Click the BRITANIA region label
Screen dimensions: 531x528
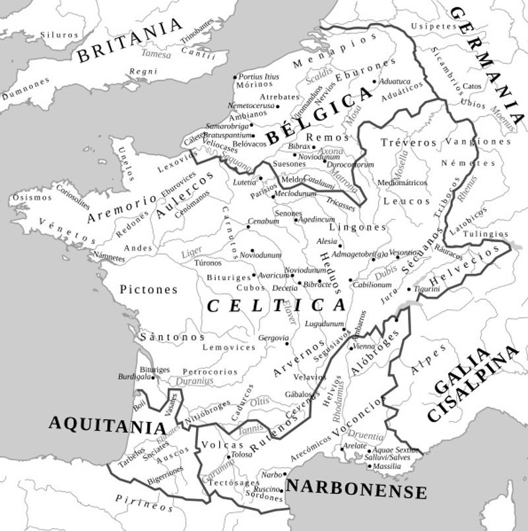[x=129, y=41]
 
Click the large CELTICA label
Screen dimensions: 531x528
[x=276, y=305]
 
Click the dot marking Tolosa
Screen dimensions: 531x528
[x=228, y=456]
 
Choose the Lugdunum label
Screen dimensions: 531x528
[x=325, y=323]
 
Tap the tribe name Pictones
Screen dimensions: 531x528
[x=148, y=289]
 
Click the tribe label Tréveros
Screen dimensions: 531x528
[x=409, y=142]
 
